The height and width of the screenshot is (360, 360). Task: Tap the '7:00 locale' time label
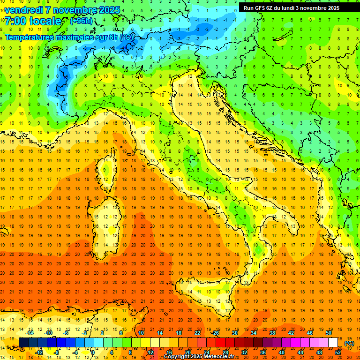point(33,21)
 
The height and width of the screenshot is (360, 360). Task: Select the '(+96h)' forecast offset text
point(81,21)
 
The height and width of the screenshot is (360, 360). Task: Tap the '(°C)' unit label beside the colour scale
point(349,343)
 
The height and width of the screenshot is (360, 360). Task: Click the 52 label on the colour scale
point(338,352)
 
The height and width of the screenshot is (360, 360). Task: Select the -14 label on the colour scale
point(30,333)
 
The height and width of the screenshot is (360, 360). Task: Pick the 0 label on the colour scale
point(92,352)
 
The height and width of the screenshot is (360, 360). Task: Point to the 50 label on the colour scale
point(329,333)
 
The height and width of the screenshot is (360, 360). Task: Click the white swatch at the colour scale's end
point(333,343)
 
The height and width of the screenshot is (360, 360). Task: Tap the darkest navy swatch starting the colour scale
point(23,343)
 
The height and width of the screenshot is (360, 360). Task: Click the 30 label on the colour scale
point(234,333)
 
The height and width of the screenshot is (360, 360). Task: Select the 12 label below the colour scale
point(150,352)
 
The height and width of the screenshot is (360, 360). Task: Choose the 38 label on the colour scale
point(272,333)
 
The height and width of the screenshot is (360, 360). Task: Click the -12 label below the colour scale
point(39,352)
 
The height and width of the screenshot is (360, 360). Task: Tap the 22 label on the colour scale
point(197,333)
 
